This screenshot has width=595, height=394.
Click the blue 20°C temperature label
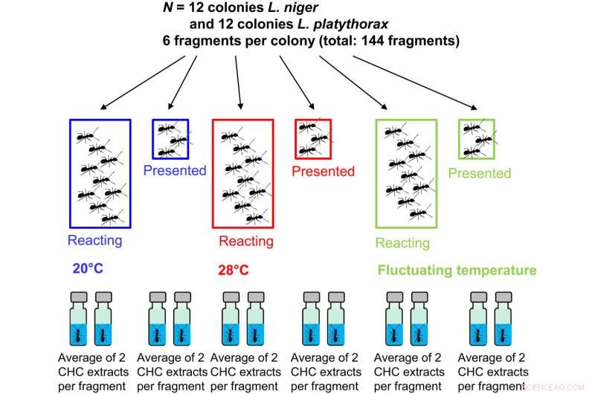click(x=88, y=269)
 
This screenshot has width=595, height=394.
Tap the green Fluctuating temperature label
click(x=457, y=271)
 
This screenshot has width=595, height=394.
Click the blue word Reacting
click(x=94, y=241)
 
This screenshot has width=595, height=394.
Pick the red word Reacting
click(x=245, y=242)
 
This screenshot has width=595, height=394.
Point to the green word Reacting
click(x=402, y=243)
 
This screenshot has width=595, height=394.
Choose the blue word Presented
click(x=174, y=171)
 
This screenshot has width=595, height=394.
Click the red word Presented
click(x=323, y=172)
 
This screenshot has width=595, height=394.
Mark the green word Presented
click(x=480, y=173)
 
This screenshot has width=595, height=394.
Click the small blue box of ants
click(x=170, y=139)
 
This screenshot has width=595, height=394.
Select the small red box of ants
click(x=313, y=138)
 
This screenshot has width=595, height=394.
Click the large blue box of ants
click(x=100, y=173)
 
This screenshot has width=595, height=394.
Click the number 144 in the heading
click(x=373, y=40)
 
